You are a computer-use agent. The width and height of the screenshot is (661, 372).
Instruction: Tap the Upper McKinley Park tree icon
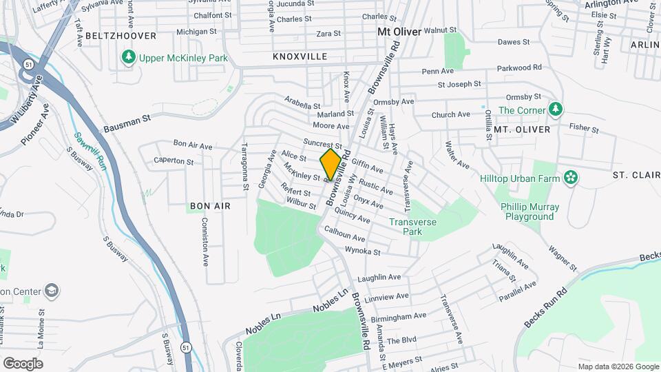pos(127,58)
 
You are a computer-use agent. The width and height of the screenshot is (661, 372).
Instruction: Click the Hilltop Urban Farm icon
pos(570,178)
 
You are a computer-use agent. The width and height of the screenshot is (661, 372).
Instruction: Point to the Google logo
pos(23,363)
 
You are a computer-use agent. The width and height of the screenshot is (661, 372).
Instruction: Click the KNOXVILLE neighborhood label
pos(300,56)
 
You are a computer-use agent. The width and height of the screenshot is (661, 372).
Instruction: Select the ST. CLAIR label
pos(636,175)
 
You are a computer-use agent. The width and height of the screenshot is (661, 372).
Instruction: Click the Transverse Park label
pos(414,227)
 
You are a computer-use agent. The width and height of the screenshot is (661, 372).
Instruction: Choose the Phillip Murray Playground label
pos(529,211)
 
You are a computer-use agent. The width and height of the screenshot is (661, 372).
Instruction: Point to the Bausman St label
pos(127,124)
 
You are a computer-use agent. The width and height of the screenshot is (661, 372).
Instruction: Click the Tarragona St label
pos(244,167)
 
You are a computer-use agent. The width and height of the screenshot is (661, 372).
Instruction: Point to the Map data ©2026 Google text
pos(617,366)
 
